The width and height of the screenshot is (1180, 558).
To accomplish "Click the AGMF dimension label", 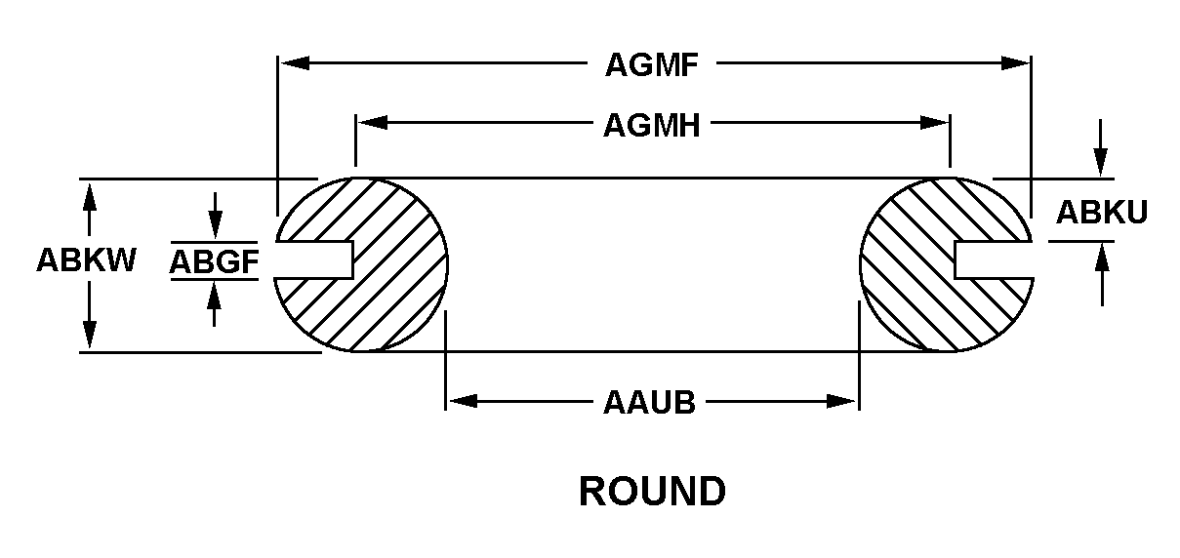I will (x=651, y=65).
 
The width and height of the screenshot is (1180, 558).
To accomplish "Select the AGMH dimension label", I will (x=652, y=125).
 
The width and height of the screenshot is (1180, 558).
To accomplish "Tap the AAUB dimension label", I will (x=649, y=402).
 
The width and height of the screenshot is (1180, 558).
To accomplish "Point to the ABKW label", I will (x=87, y=260).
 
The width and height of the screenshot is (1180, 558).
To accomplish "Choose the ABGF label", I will (x=214, y=260).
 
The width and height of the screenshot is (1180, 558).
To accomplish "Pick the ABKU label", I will (x=1102, y=212).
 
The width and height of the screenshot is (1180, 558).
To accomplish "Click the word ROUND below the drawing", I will (x=652, y=491).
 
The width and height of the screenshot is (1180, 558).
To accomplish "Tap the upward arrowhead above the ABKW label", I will (x=89, y=194).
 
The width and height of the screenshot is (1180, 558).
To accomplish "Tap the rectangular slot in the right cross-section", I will (x=992, y=259).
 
